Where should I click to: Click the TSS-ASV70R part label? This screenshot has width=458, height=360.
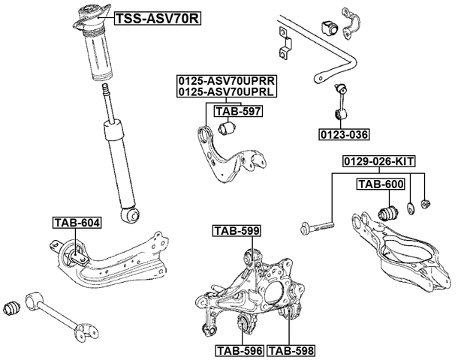click(x=157, y=19)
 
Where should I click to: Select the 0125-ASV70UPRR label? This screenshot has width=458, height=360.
click(x=225, y=79)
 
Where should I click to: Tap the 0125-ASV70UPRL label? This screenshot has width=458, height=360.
click(x=225, y=91)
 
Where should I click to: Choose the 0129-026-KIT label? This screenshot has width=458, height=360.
click(x=379, y=161)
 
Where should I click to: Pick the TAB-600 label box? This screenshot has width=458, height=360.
click(x=380, y=184)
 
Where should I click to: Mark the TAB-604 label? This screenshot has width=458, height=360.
click(x=76, y=222)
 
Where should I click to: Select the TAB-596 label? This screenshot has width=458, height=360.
click(x=238, y=349)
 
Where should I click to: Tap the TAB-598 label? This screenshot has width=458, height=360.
click(x=291, y=349)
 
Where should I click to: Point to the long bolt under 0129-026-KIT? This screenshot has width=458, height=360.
click(x=319, y=223)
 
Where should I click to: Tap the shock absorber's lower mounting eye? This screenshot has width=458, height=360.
click(x=133, y=215)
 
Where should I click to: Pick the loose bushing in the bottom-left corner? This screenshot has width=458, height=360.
click(x=12, y=307)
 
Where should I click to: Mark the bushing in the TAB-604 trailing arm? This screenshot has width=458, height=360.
click(x=77, y=253)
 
